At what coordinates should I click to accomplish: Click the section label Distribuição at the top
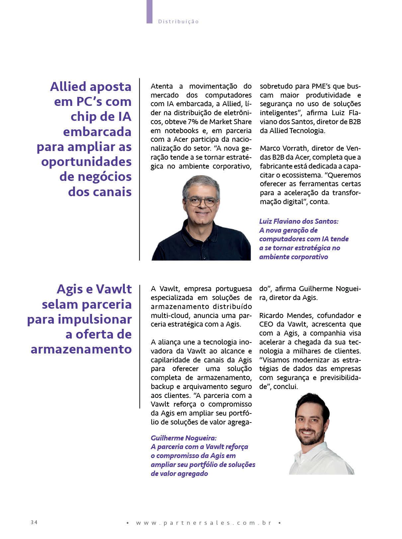pos(178,22)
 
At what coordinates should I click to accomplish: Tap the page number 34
pos(34,522)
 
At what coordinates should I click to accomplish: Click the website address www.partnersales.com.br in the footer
pos(204,523)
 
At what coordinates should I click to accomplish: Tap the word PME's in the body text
pos(323,86)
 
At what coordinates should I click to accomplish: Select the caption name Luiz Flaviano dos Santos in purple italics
pos(298,221)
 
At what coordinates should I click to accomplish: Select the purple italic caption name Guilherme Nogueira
pos(184,438)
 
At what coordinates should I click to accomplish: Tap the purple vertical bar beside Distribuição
pos(149,12)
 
